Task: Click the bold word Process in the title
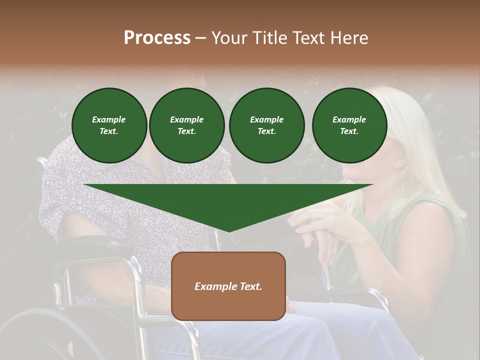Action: (x=157, y=38)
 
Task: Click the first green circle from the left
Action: (x=109, y=125)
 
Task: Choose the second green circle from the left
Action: (x=186, y=125)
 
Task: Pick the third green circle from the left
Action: (x=266, y=125)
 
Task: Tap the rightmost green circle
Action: (x=349, y=125)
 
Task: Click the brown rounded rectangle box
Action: (x=228, y=305)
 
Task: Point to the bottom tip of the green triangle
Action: (x=229, y=231)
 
